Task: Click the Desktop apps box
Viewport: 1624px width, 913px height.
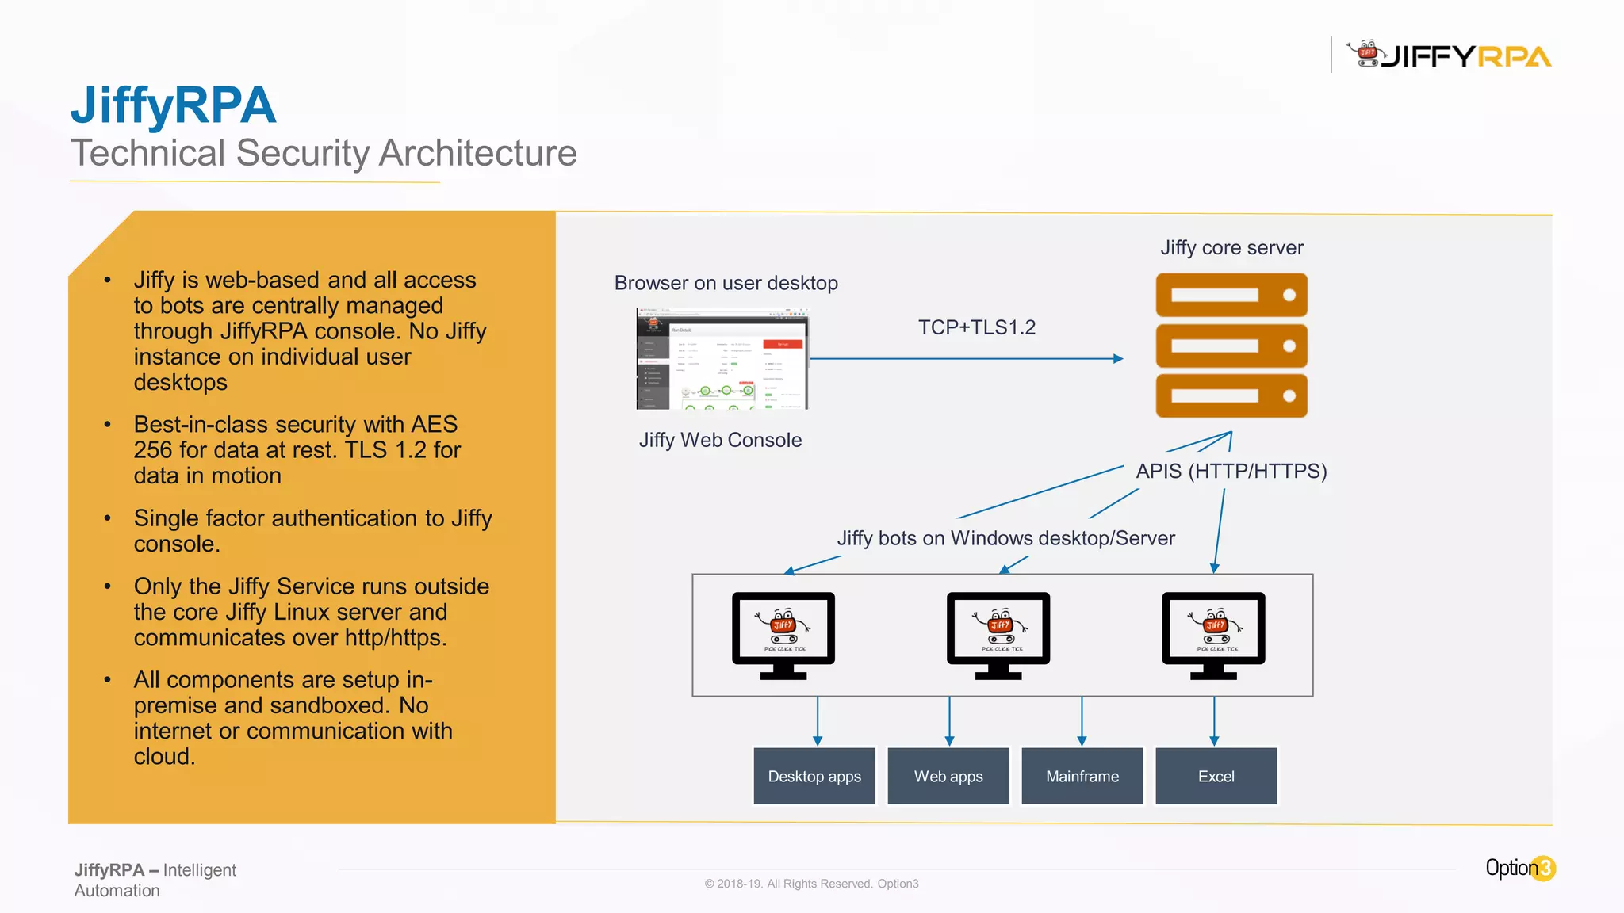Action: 814,776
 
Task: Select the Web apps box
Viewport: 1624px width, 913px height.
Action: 948,776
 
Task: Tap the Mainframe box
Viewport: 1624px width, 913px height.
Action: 1082,776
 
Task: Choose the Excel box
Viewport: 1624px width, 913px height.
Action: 1216,776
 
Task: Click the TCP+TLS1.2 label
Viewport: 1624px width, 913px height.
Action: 977,327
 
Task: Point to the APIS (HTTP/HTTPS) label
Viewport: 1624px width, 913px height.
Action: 1231,471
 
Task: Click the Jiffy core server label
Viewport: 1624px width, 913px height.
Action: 1231,248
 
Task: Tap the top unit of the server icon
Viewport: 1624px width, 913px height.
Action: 1231,295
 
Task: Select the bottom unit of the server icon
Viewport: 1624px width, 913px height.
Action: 1231,395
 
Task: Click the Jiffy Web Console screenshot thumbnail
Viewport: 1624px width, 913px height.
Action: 722,358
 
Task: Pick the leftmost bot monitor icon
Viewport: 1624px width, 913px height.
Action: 783,634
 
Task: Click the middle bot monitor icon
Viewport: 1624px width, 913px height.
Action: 998,634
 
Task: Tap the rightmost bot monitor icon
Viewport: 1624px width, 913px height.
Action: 1213,634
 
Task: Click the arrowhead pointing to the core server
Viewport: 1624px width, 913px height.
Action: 1118,359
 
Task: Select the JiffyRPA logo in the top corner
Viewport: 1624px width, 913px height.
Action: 1450,55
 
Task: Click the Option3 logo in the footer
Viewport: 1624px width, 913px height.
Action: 1520,869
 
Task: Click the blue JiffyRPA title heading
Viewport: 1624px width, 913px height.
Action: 174,105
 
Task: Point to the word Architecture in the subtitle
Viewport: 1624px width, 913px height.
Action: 477,153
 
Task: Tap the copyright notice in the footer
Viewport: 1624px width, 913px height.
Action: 811,884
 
